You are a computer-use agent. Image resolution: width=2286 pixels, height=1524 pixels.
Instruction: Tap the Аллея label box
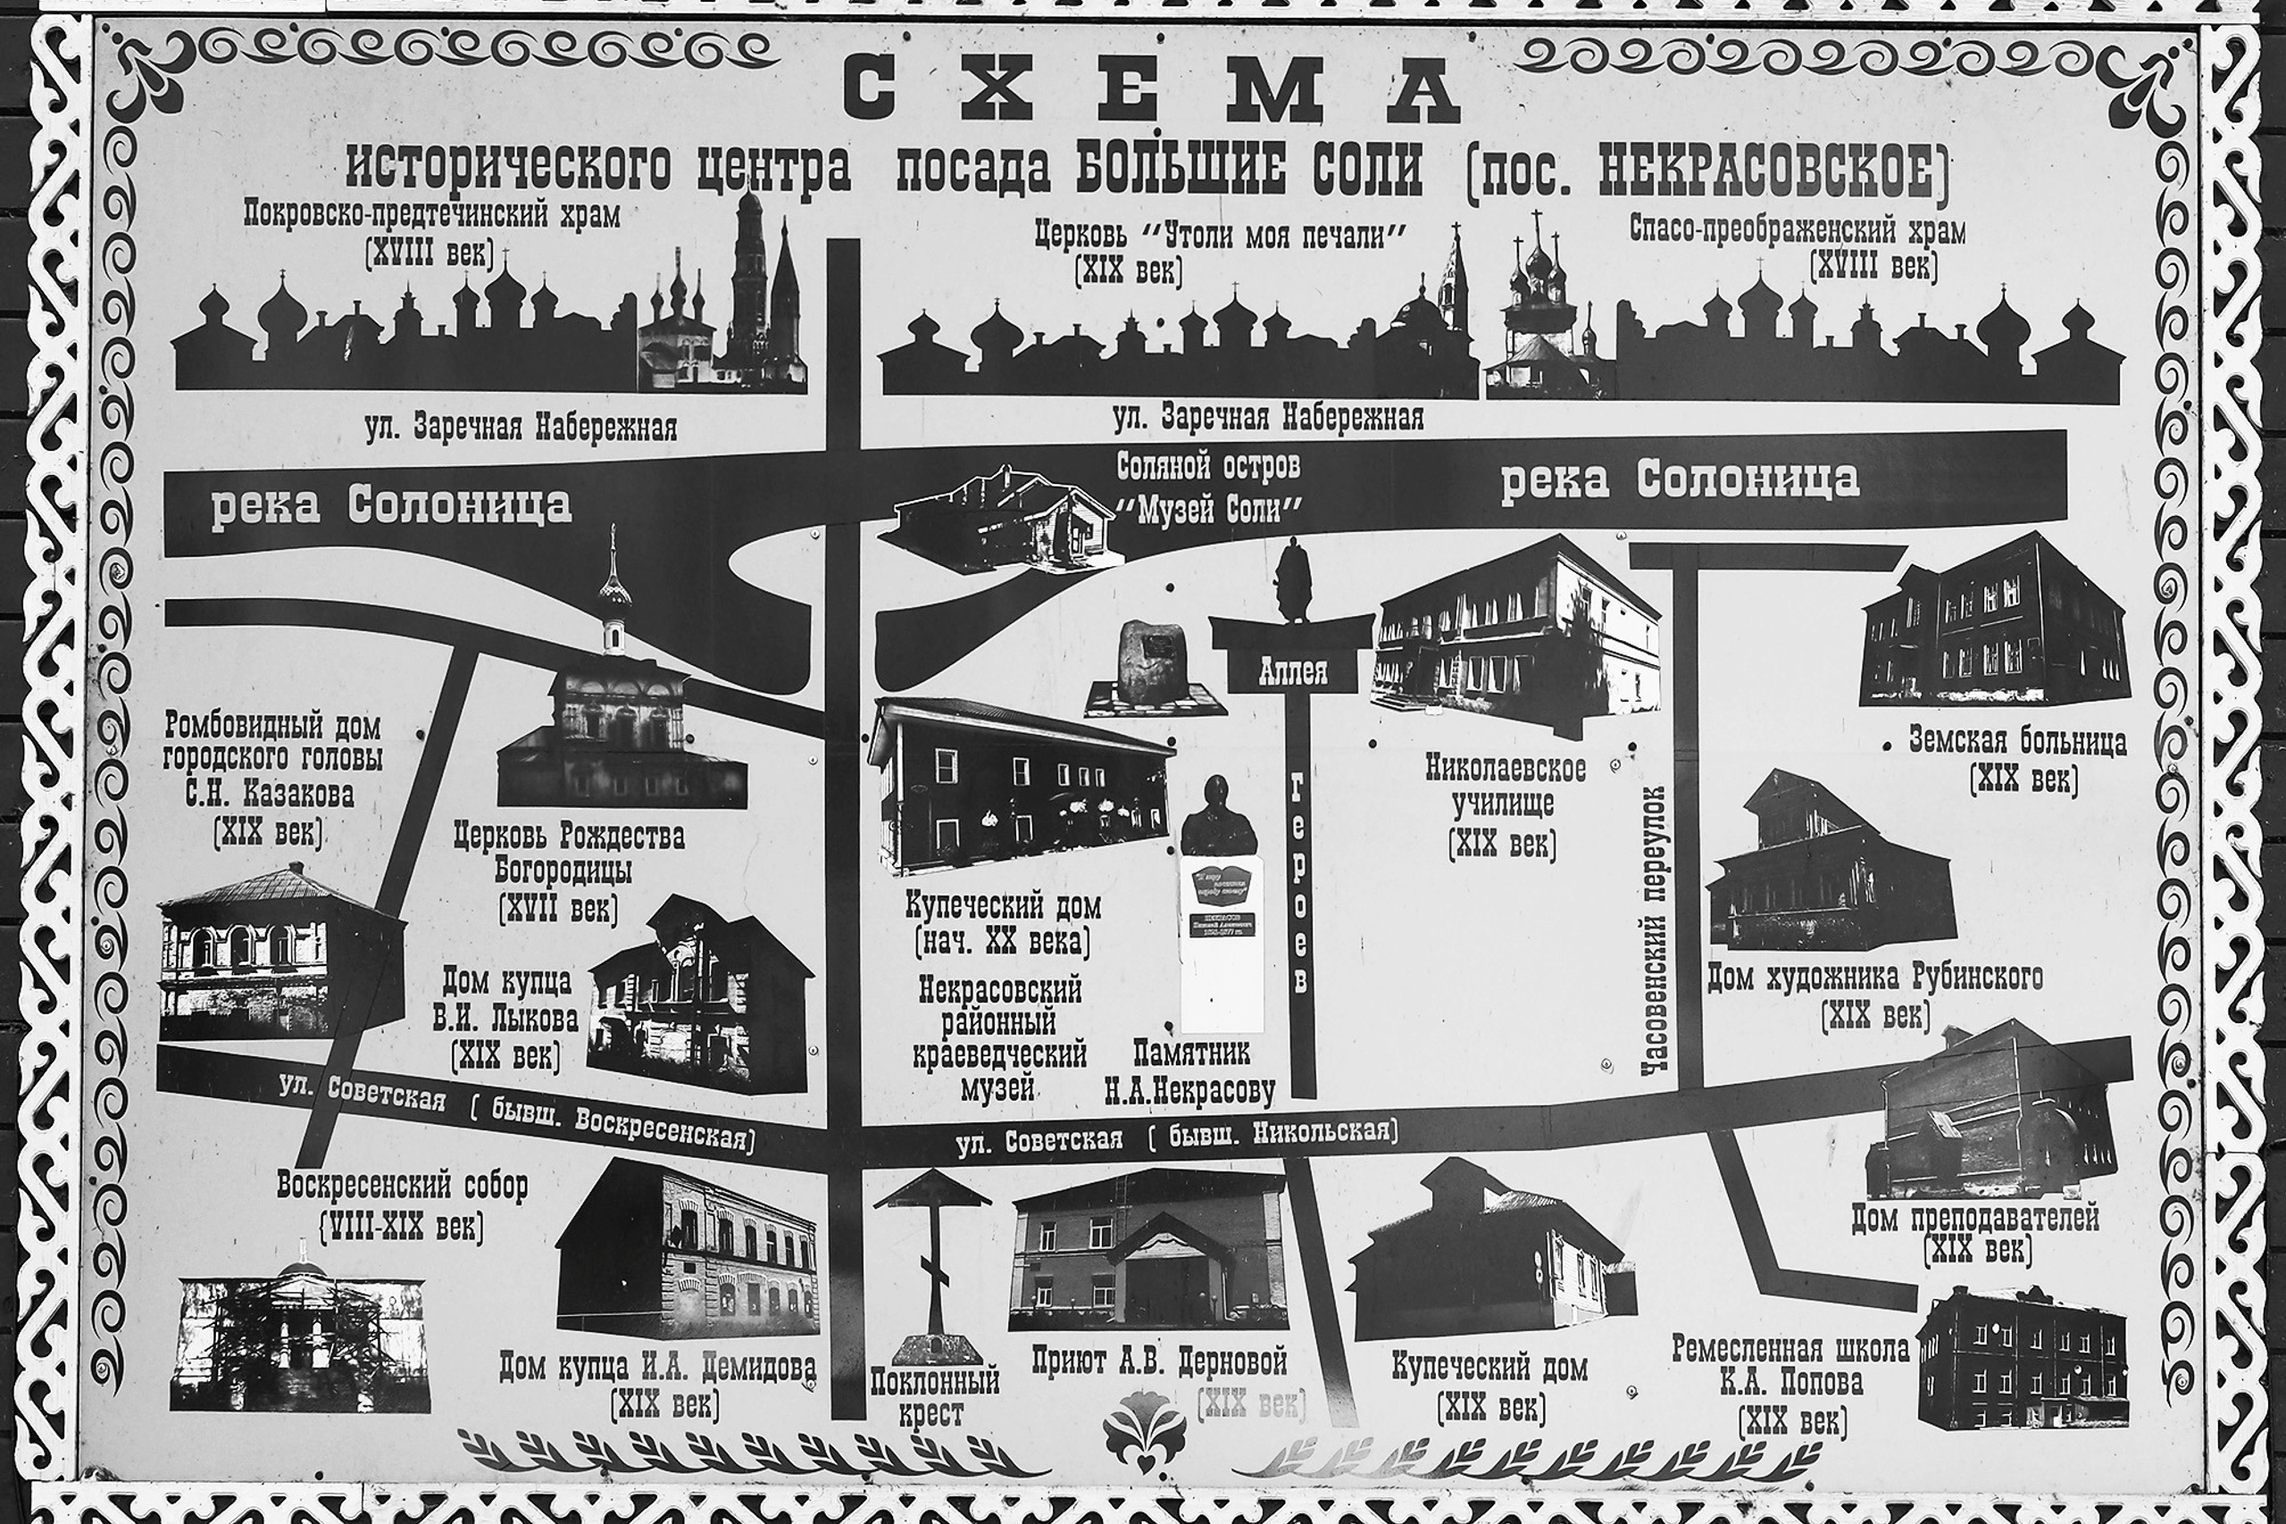click(1292, 671)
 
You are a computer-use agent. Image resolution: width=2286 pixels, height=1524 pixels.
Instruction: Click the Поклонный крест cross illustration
click(932, 1263)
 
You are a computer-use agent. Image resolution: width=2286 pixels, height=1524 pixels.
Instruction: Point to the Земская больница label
click(2023, 744)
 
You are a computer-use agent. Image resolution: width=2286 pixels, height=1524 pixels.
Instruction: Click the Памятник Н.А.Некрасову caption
click(1189, 1074)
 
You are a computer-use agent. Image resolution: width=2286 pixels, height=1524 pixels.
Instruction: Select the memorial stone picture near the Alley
click(1151, 667)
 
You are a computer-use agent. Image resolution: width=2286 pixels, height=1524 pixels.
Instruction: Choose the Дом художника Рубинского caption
click(1875, 979)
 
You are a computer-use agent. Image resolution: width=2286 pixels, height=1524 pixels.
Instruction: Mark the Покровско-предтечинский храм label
click(431, 216)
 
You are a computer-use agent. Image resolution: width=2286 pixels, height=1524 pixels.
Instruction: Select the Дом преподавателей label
click(1975, 1218)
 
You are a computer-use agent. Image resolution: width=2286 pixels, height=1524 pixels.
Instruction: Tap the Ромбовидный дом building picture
click(279, 956)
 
